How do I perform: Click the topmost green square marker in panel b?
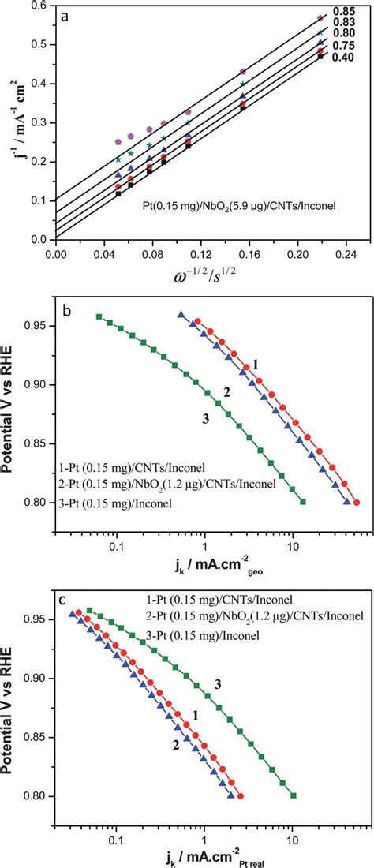(x=99, y=316)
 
